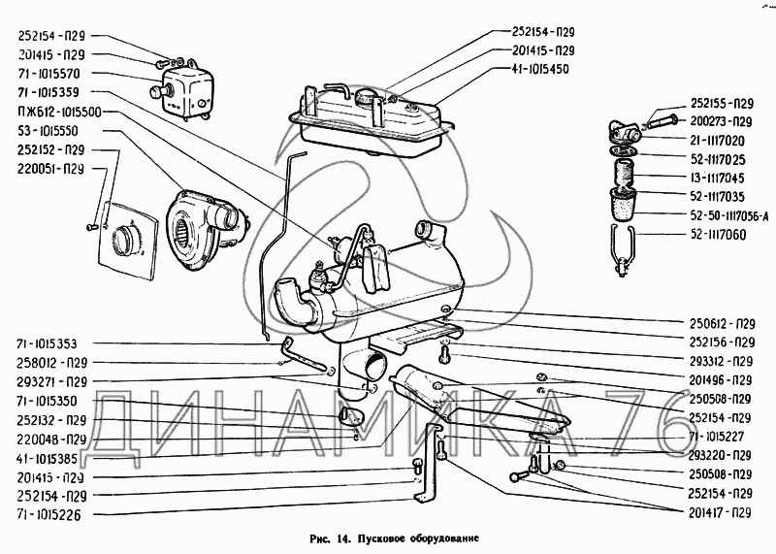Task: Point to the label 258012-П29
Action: click(51, 361)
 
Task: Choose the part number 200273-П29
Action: click(723, 121)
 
